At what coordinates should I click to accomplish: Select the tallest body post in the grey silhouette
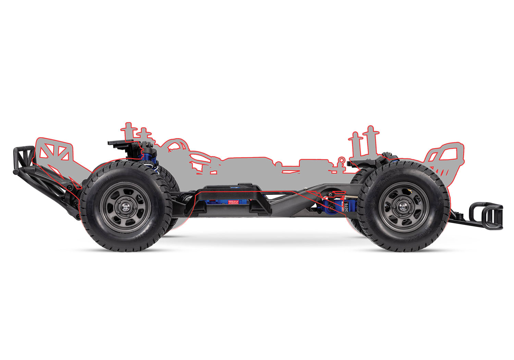pos(370,141)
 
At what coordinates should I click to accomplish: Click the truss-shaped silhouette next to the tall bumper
pos(55,151)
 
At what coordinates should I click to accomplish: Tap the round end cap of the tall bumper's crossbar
pos(16,172)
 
